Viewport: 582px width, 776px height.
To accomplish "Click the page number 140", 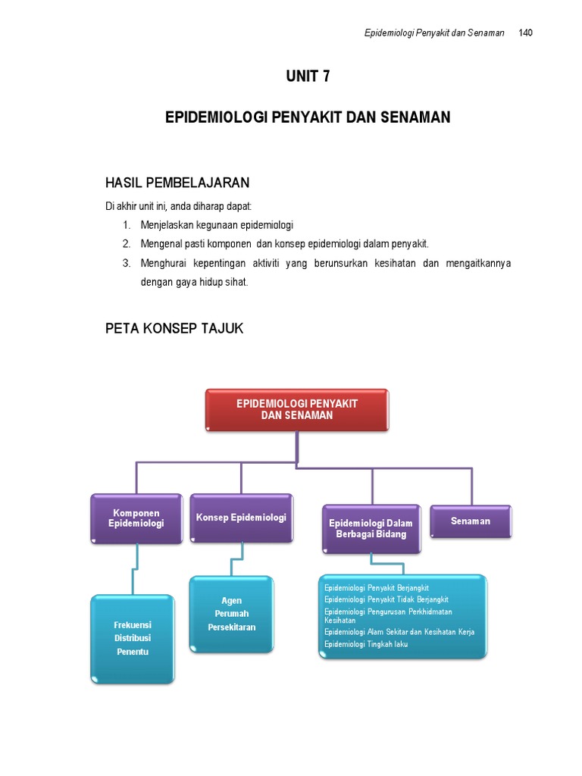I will point(526,33).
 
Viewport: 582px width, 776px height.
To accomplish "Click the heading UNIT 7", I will point(308,76).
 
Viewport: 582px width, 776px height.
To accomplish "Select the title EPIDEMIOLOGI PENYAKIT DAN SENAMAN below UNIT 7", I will point(308,117).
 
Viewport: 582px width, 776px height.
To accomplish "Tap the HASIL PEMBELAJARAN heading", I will point(177,183).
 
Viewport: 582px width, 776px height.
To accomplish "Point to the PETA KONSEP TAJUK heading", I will point(174,327).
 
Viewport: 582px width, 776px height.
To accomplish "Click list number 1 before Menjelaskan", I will point(126,225).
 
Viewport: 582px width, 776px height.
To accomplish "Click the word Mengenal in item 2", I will point(160,243).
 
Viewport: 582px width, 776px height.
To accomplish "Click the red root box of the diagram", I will point(297,410).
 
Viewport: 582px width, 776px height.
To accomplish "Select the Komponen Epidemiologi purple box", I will point(136,518).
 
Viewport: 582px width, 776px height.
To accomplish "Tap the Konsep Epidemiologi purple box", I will point(241,518).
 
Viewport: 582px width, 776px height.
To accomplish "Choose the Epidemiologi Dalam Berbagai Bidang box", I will point(371,528).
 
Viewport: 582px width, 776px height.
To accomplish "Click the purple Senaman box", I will point(471,521).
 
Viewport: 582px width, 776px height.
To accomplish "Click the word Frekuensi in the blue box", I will point(133,624).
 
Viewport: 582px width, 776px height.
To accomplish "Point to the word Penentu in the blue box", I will point(133,652).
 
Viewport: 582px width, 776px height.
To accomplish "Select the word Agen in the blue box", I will point(232,601).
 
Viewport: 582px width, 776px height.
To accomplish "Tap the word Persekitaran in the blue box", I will point(232,627).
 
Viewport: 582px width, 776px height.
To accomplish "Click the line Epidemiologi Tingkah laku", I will point(366,644).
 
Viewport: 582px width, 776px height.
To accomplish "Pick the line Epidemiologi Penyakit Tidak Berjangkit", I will point(386,599).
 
